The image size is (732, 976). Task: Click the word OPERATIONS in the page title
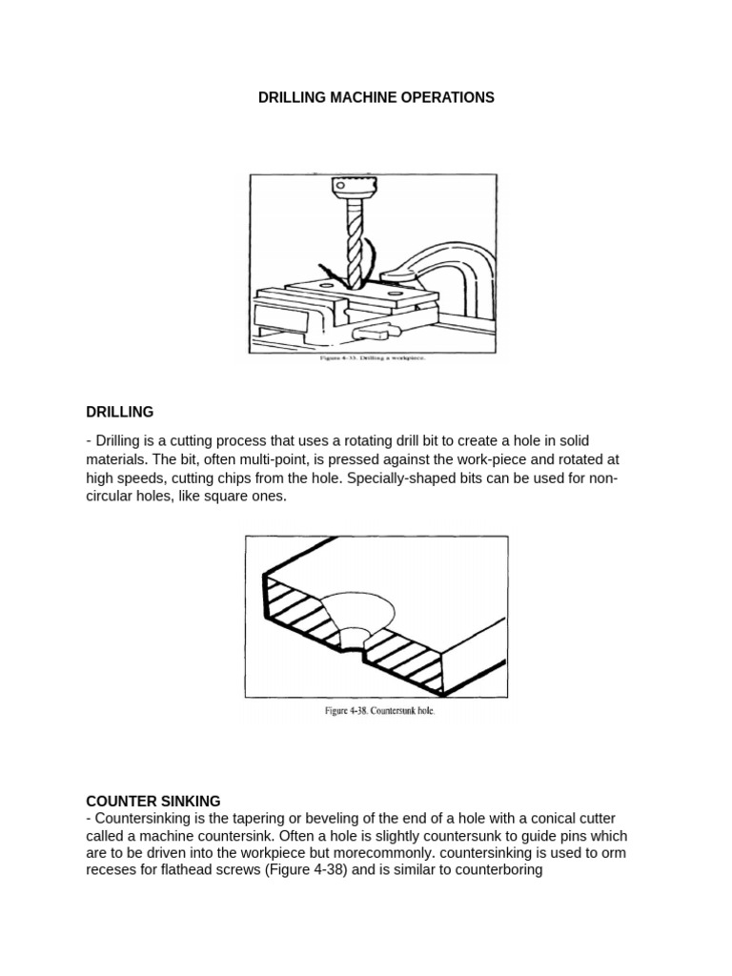pyautogui.click(x=444, y=98)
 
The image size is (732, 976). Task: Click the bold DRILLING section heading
pyautogui.click(x=120, y=412)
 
